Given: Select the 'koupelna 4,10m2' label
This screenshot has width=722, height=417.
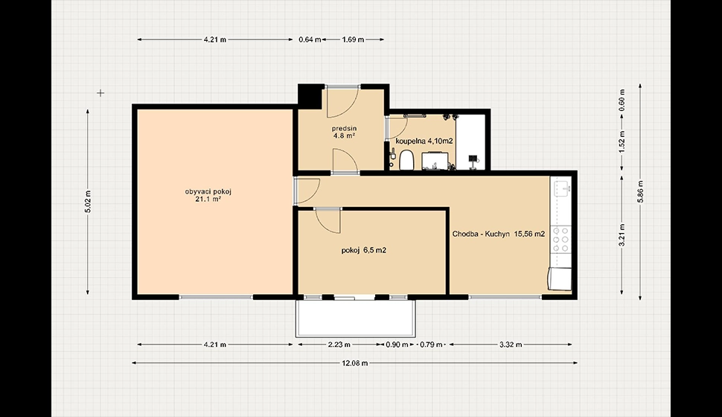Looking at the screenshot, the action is coord(424,141).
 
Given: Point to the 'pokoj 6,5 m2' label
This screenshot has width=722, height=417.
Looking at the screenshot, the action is coord(364,250).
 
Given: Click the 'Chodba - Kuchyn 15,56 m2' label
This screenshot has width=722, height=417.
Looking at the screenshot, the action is coord(499,234).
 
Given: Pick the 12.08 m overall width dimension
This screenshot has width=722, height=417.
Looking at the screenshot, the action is coord(354,363).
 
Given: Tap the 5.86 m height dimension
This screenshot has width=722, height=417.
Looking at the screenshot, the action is coord(641,191).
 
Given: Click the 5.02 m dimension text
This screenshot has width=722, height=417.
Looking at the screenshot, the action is coord(88,201).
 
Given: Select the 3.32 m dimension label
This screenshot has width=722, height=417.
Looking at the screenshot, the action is coord(511,344).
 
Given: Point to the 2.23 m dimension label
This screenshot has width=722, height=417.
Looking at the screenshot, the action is coord(339,344).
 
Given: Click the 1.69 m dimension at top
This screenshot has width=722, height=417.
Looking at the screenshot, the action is coord(353,39).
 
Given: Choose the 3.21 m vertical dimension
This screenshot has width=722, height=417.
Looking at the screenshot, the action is coord(622,235).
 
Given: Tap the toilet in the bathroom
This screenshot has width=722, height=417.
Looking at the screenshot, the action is coord(406,160).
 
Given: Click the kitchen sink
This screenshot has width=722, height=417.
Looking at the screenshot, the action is coord(562,188).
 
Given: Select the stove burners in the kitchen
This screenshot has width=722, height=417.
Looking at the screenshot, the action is coord(561,239).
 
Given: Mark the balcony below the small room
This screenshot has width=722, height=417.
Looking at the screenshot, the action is coord(356,319).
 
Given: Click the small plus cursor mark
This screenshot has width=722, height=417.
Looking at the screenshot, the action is coord(100,93).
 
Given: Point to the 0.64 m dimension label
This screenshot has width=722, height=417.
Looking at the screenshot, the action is coord(310,39).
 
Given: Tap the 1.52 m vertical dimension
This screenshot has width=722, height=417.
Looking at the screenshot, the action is coord(622,142).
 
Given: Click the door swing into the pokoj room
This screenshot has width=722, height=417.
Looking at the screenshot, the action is coord(328,220).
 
